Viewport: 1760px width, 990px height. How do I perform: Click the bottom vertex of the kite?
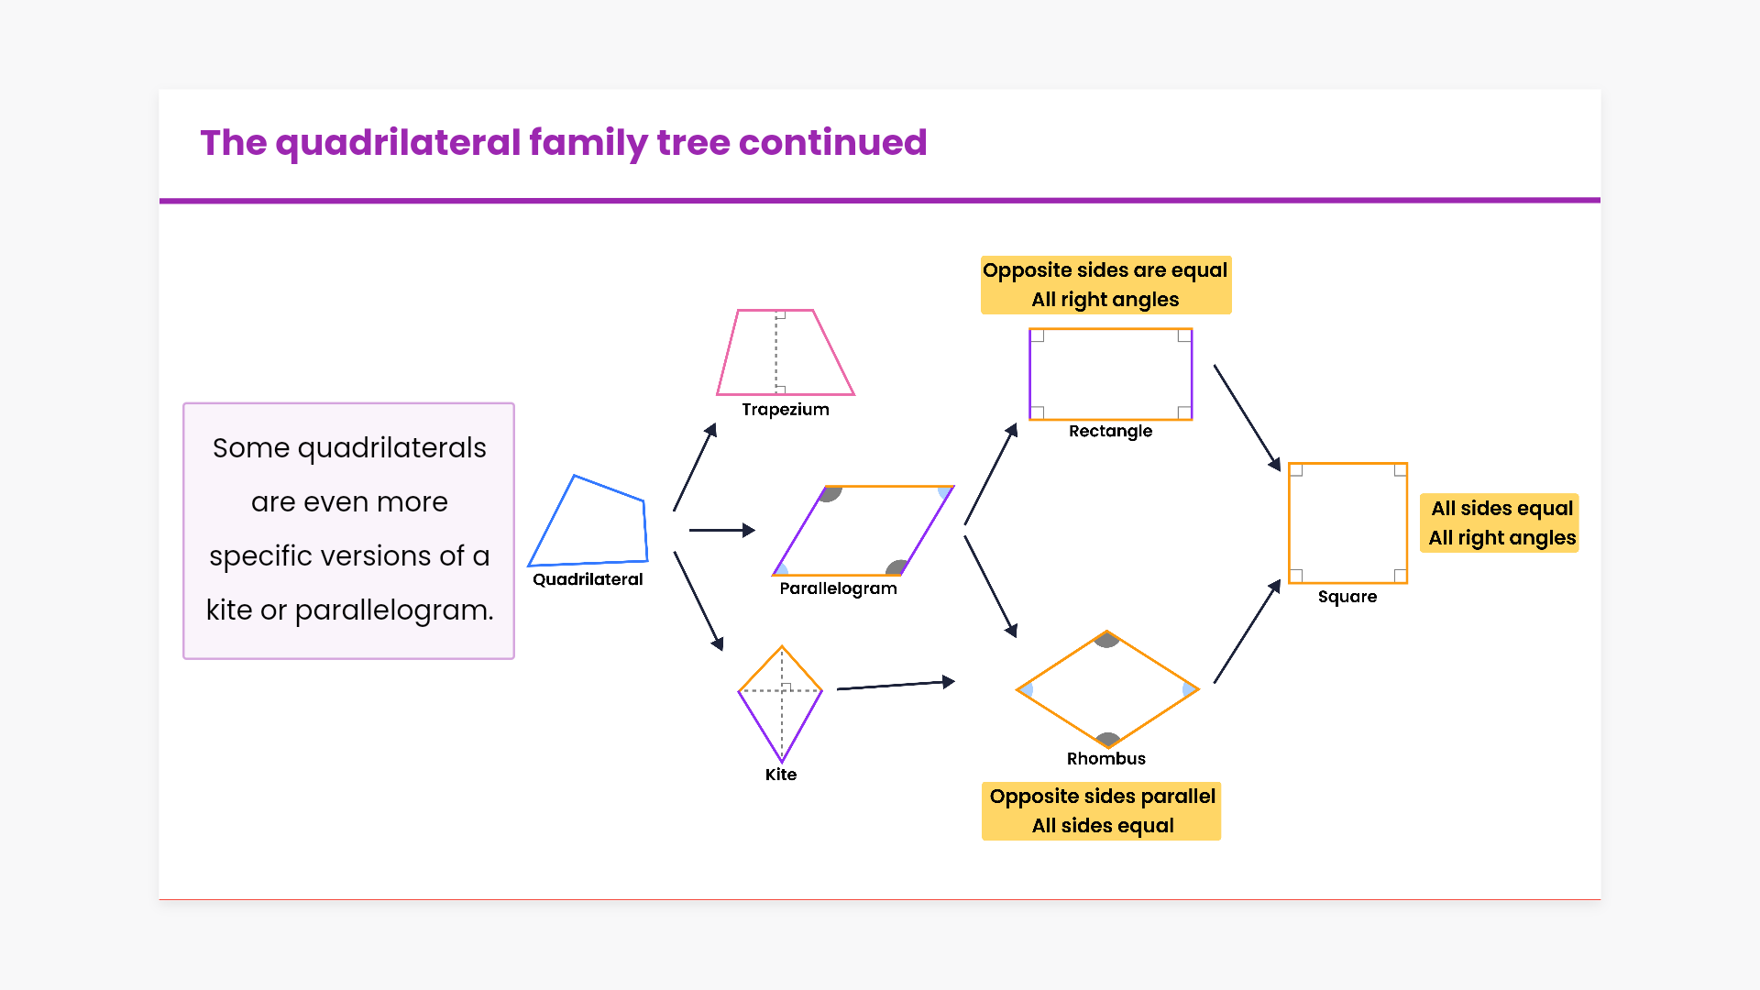coord(782,762)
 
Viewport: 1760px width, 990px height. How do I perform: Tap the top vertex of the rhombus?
coord(1107,631)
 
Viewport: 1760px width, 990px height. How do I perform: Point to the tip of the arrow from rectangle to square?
coord(1280,471)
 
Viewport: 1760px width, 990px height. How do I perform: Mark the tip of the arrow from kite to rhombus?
coord(955,681)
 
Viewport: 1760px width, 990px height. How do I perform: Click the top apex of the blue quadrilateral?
coord(575,475)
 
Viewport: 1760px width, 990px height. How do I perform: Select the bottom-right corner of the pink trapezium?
coord(854,395)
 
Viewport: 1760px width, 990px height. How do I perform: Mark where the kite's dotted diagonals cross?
coord(782,690)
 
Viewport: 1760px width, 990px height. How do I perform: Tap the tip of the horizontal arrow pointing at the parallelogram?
coord(755,530)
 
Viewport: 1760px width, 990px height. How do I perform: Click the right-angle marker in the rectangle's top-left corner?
coord(1038,336)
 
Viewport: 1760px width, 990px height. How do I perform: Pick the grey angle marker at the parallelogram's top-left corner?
coord(830,494)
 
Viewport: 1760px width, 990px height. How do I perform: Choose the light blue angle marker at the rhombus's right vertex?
coord(1189,689)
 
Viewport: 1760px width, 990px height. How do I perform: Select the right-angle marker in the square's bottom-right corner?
coord(1400,576)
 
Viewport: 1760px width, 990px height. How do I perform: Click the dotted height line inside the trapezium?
coord(776,352)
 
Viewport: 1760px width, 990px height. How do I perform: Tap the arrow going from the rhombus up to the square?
coord(1248,631)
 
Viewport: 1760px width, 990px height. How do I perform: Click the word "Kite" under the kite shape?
coord(781,775)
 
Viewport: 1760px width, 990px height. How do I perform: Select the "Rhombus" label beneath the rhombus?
coord(1106,758)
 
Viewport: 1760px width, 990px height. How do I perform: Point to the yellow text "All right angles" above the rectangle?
coord(1105,300)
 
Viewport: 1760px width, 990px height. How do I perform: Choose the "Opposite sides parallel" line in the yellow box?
coord(1103,796)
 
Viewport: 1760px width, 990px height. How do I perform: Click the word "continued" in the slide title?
coord(833,143)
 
